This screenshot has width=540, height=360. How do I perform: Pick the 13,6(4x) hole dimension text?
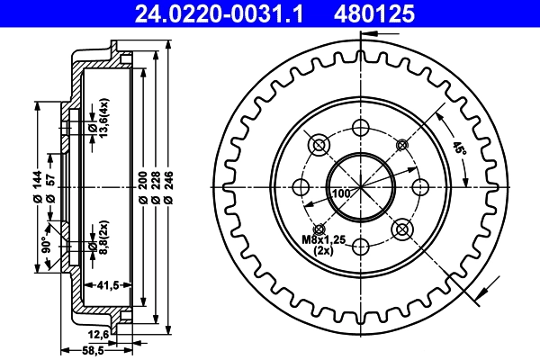pos(104,119)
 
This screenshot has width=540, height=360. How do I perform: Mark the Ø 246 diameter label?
pos(168,186)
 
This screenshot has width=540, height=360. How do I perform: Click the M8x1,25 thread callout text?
pos(323,240)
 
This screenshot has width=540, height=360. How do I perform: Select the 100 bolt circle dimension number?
pos(341,193)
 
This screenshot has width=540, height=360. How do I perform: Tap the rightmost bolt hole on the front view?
pos(419,186)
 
